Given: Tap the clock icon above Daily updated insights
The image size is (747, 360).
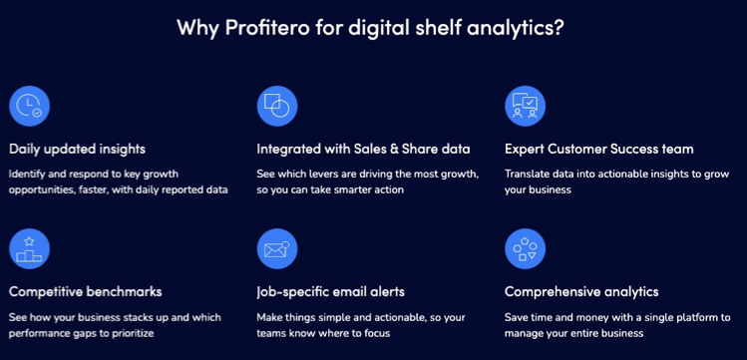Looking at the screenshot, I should click(x=30, y=106).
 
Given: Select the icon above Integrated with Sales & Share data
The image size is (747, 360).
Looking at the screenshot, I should click(x=277, y=106).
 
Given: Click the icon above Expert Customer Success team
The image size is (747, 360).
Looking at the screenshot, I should click(x=525, y=106).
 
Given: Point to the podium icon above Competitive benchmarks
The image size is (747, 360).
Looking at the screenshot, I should click(x=30, y=248).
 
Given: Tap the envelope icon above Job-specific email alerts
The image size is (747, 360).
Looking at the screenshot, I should click(x=277, y=248).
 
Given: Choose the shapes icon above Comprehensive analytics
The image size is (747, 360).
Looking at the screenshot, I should click(x=525, y=248).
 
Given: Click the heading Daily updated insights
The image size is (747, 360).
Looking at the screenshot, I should click(x=78, y=149).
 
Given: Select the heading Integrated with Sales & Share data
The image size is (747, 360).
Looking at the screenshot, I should click(x=363, y=149).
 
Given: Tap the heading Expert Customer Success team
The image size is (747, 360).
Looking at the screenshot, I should click(x=598, y=149).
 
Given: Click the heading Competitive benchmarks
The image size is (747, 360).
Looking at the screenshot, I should click(x=85, y=291).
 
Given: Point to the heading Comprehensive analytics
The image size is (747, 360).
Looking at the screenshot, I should click(x=581, y=291).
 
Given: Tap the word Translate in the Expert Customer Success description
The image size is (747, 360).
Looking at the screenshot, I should click(x=530, y=174).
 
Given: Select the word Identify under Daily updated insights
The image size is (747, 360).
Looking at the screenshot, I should click(x=29, y=174).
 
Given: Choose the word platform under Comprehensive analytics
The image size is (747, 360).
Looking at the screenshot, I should click(x=694, y=316).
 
